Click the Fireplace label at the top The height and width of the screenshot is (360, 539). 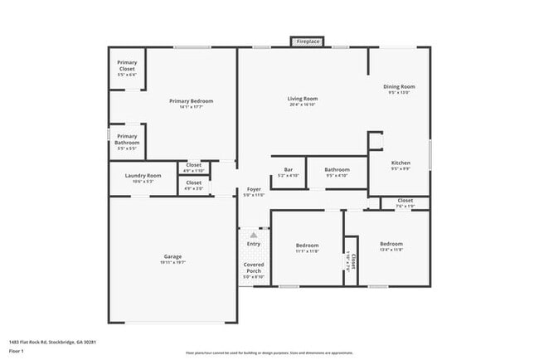point(308,41)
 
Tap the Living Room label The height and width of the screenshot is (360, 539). point(303,99)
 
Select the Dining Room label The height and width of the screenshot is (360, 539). point(399,86)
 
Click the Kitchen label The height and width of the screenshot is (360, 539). point(401,163)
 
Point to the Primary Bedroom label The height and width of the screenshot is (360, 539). point(192,101)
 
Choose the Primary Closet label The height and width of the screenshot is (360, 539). point(127,62)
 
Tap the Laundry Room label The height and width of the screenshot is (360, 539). point(143,175)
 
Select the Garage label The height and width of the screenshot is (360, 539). point(172,256)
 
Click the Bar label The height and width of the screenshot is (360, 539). point(289,169)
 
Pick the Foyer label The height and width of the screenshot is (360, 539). point(254,189)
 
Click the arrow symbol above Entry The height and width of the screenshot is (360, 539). point(254,236)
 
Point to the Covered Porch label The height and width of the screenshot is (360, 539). point(254,268)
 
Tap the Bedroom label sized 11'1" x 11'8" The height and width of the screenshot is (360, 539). point(308,245)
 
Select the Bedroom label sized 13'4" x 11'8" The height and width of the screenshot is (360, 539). point(391,244)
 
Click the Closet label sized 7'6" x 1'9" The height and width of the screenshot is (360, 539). point(405,200)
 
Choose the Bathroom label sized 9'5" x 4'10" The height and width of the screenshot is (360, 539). point(337,169)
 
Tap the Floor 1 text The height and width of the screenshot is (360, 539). point(17,351)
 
